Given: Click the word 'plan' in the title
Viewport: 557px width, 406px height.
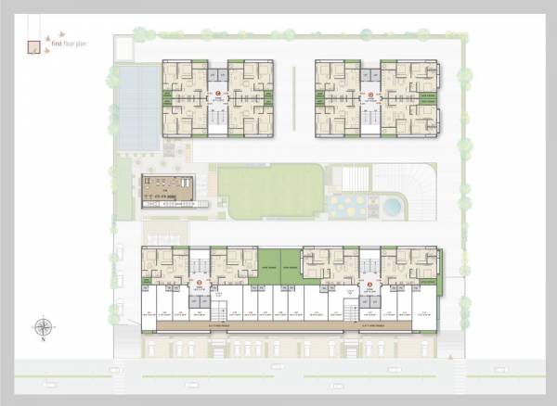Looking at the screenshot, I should click(83, 43).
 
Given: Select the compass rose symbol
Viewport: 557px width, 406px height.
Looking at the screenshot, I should click(43, 325).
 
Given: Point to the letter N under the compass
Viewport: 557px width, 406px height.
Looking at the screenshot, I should click(43, 340).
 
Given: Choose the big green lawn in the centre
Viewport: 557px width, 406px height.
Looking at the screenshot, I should click(270, 191).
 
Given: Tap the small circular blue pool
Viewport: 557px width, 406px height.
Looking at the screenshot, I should click(393, 204).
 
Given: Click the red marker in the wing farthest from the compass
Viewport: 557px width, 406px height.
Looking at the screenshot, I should click(369, 283).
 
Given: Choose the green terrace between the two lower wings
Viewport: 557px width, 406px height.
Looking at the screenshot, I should click(279, 261).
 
